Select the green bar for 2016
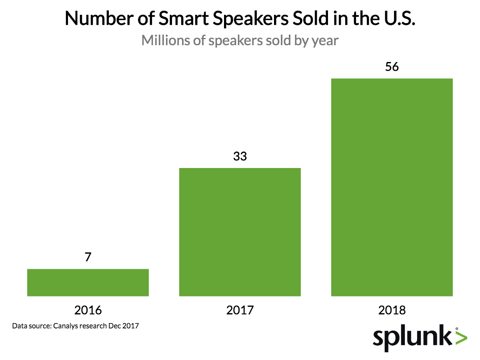point(88,282)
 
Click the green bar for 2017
point(240,232)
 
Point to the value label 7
point(88,257)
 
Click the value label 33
point(240,156)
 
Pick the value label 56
point(392,66)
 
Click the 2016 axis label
point(88,310)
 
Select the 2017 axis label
point(240,310)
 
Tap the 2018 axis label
point(392,310)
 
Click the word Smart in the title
point(176,19)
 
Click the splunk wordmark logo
point(413,338)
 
